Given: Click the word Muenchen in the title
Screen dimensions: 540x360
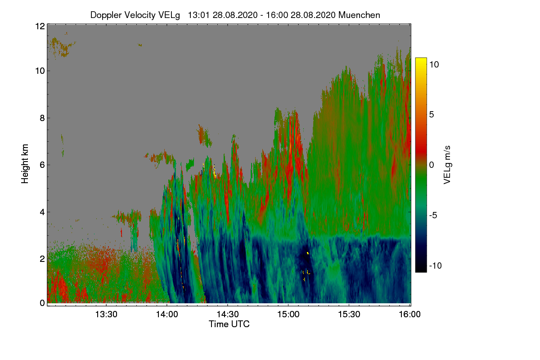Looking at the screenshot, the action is click(x=359, y=15).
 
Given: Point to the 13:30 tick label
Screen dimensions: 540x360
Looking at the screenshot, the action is click(x=106, y=314).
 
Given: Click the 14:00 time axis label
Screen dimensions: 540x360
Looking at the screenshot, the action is click(x=167, y=314).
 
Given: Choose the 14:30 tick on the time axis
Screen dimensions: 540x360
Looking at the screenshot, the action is click(x=228, y=314).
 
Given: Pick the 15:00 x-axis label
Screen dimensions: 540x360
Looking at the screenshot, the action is click(x=288, y=314).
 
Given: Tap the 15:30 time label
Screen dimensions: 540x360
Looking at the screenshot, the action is click(x=349, y=314).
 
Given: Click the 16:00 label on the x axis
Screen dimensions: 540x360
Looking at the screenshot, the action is click(x=409, y=314).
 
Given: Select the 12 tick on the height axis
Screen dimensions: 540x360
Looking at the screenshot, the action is click(x=40, y=26).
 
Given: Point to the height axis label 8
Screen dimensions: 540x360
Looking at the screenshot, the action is click(x=42, y=118).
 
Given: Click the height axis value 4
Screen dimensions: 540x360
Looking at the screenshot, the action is click(x=42, y=212).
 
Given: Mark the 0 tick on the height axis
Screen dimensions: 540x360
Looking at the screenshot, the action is click(x=42, y=303).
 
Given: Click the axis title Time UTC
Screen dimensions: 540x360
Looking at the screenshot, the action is click(x=229, y=324).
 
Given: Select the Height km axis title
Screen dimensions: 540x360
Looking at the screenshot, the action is click(x=25, y=164).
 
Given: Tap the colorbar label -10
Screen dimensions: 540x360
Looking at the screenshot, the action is click(x=436, y=265).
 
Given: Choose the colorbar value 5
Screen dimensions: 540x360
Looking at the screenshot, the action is click(x=432, y=115).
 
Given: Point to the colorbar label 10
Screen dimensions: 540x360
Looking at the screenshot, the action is click(x=434, y=64).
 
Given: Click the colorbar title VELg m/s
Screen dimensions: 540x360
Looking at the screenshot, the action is click(x=447, y=165).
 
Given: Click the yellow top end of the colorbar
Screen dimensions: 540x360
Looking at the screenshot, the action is click(x=421, y=58).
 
